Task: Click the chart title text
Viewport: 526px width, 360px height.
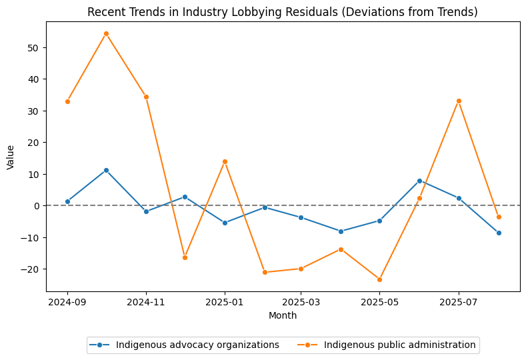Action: (283, 12)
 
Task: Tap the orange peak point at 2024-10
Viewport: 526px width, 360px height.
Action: (106, 33)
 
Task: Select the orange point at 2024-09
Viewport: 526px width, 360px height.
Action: (67, 101)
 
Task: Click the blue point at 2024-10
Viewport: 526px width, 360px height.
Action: (106, 170)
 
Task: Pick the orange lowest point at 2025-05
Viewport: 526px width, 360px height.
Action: (379, 279)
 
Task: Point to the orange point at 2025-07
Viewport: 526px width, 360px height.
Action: (459, 101)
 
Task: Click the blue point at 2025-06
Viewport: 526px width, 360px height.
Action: (419, 181)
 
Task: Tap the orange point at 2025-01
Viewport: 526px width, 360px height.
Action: (225, 161)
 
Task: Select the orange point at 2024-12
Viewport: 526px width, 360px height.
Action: (185, 257)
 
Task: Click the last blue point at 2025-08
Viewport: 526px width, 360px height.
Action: (499, 233)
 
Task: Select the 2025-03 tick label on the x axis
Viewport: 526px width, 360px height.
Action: (301, 302)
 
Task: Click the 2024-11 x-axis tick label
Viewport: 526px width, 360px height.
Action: (146, 302)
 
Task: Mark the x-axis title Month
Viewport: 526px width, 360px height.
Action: (283, 315)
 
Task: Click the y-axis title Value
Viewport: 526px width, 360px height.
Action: (10, 157)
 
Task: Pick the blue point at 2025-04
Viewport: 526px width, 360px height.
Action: (341, 231)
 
